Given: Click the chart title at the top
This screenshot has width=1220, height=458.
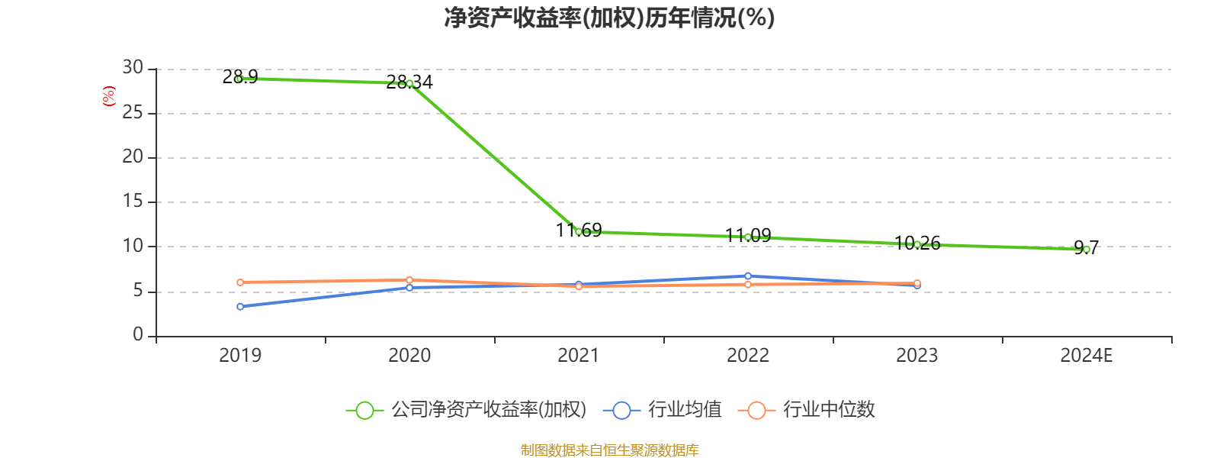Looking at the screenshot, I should point(609,18).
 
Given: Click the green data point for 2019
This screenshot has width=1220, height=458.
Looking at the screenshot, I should point(240,79).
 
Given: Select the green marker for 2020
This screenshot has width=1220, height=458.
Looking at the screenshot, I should point(409,83).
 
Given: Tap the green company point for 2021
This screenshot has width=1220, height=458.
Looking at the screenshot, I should point(579,231).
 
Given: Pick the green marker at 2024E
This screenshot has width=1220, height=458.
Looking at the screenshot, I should point(1087,250).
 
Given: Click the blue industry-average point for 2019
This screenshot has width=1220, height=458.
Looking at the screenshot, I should point(240,307).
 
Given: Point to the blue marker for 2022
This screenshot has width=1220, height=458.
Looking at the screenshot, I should point(748,276).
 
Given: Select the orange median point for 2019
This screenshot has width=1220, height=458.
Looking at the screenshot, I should point(240,282).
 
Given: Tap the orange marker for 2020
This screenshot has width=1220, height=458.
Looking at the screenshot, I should point(409,280).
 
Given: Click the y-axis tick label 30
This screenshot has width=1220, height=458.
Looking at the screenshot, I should point(133,68).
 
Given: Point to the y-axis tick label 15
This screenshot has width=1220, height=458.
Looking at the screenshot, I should point(133,202).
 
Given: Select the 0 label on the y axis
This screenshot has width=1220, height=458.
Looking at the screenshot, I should point(138,334).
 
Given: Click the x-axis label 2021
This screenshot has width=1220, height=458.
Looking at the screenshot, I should point(579,356).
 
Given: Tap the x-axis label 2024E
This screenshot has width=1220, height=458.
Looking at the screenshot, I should point(1087,356).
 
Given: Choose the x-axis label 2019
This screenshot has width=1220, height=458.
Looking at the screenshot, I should point(240,356).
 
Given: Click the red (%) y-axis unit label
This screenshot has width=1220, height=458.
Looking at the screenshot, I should point(109,96).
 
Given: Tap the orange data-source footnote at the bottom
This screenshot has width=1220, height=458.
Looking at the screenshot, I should point(609,450).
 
